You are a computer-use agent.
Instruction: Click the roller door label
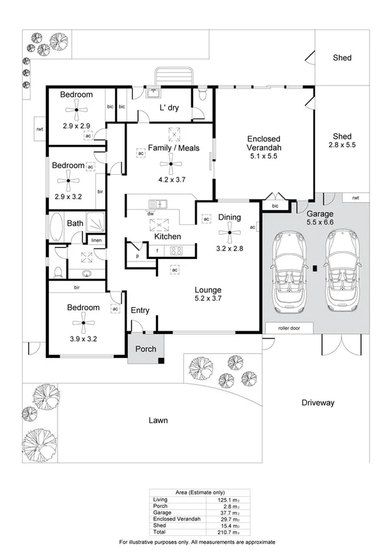pyautogui.click(x=288, y=328)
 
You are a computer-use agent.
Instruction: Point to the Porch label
pyautogui.click(x=145, y=349)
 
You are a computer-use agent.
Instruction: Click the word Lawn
pyautogui.click(x=157, y=421)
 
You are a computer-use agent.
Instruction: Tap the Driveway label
pyautogui.click(x=318, y=403)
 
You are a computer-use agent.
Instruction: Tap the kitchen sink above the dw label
pyautogui.click(x=159, y=203)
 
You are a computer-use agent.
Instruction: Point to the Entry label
pyautogui.click(x=142, y=310)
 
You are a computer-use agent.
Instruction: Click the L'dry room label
pyautogui.click(x=169, y=108)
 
